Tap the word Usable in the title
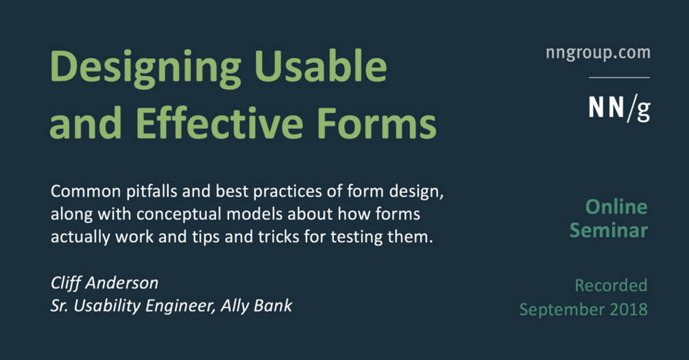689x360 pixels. [x=320, y=66]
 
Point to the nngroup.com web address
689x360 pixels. [x=598, y=53]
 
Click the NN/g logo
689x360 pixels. [x=619, y=108]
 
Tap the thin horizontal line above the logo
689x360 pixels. [x=619, y=77]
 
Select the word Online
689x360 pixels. [x=616, y=207]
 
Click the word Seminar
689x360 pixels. [x=609, y=230]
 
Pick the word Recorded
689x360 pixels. [x=611, y=285]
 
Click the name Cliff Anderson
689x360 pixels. [x=105, y=283]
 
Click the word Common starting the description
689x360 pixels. [x=86, y=191]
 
